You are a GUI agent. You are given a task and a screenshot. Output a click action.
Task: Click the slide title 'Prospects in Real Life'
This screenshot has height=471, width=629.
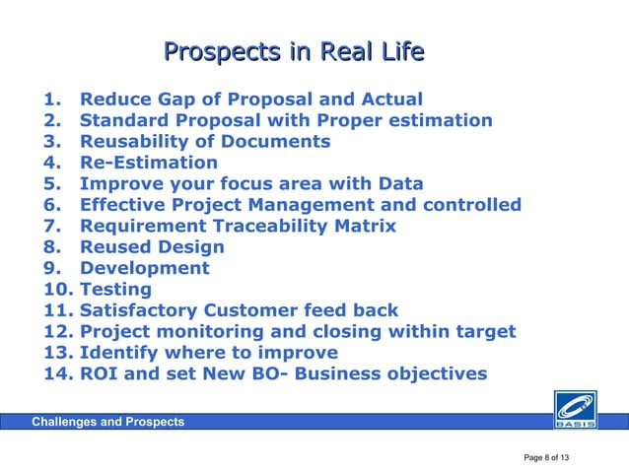click(294, 50)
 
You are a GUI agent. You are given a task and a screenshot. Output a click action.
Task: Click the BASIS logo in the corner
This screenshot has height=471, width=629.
click(575, 412)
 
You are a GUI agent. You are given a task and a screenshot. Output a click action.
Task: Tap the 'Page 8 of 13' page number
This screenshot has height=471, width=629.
click(546, 458)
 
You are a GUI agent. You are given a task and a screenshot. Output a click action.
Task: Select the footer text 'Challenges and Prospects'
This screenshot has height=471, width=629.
click(107, 423)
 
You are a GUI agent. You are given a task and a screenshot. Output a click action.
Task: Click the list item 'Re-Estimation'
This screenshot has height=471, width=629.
click(148, 163)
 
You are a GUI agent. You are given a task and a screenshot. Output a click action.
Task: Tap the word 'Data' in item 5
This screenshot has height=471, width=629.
click(400, 184)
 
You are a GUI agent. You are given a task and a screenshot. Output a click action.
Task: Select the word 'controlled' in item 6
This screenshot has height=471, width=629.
click(472, 205)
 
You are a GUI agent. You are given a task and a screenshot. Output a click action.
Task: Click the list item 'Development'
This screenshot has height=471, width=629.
click(144, 268)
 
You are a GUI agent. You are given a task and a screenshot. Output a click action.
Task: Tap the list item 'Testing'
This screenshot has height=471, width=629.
click(115, 290)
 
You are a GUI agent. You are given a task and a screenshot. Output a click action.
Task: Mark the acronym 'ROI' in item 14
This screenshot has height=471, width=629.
click(100, 374)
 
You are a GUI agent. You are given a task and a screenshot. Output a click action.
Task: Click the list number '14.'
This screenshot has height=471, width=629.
click(58, 374)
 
